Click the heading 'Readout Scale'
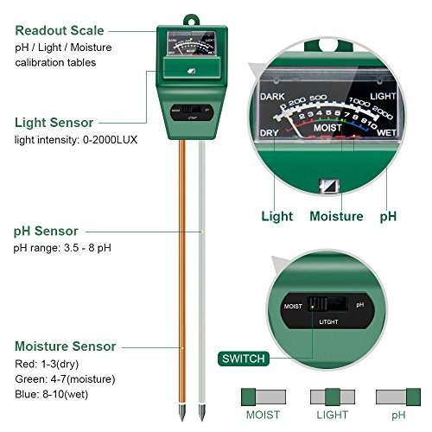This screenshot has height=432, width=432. coord(59,30)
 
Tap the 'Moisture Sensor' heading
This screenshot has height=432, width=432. coord(65,346)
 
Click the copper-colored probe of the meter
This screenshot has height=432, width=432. coord(183,259)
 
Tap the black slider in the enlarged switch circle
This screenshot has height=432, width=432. coord(321,304)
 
